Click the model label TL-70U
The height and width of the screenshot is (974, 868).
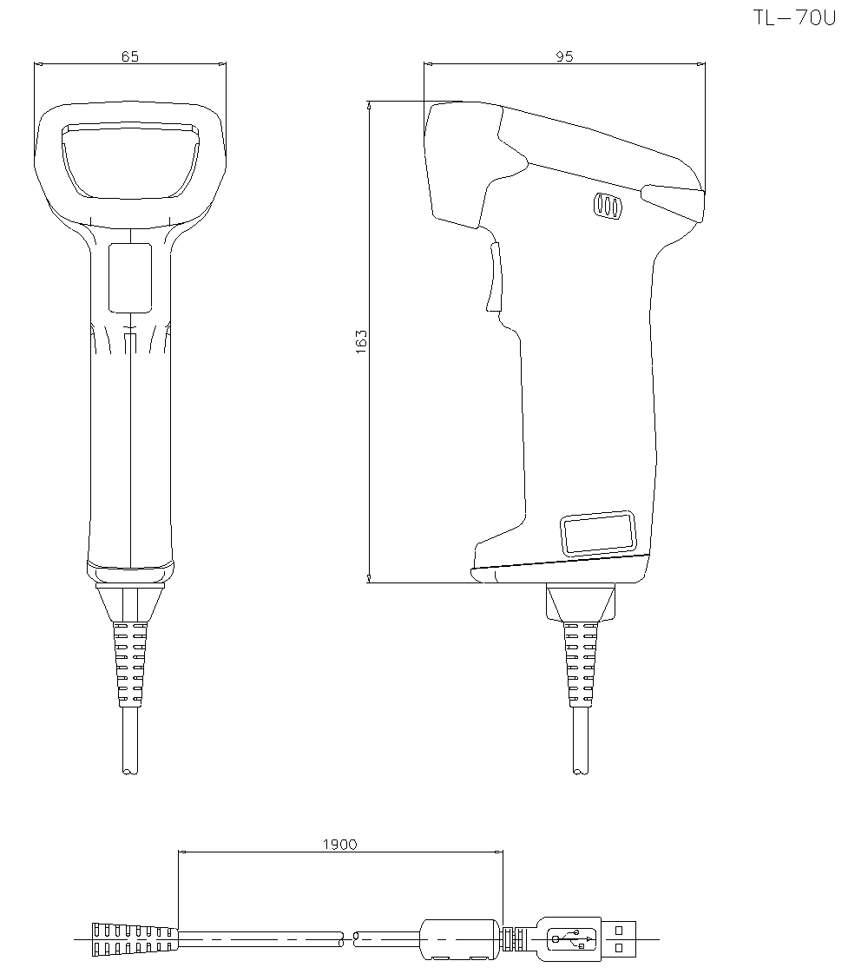[x=794, y=18]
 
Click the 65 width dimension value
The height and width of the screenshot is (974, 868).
[x=129, y=56]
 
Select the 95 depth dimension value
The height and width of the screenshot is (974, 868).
[x=564, y=56]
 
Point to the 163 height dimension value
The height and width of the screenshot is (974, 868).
[x=362, y=341]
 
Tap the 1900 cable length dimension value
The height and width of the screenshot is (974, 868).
[x=339, y=844]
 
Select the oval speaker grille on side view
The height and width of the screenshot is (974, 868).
[x=607, y=206]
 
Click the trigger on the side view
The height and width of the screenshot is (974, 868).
[x=493, y=277]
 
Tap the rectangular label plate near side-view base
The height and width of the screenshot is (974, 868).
[x=597, y=531]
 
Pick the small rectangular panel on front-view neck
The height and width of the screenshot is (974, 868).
[x=129, y=277]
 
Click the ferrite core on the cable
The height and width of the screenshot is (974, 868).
[x=460, y=938]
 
